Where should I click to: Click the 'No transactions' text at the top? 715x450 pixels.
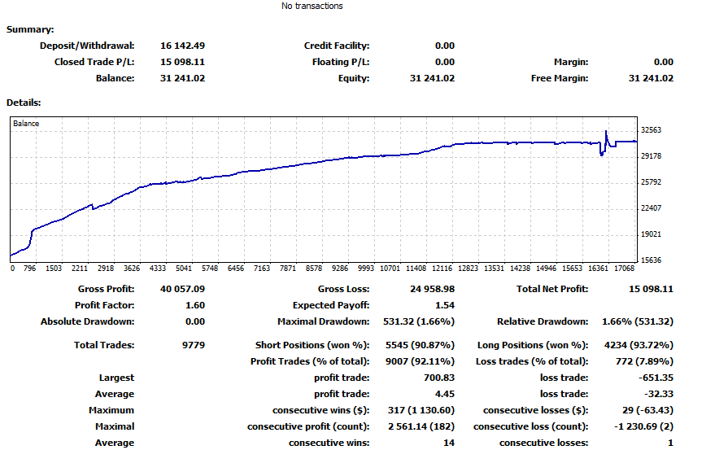pos(312,6)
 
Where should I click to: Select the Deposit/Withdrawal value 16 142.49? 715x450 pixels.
pos(182,46)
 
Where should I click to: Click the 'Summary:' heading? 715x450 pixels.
pos(30,29)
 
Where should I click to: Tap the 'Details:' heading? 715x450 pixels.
pos(24,103)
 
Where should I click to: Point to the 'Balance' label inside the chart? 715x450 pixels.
pos(26,123)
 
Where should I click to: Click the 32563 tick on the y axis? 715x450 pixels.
pos(651,130)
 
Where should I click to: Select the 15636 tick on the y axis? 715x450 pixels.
pos(651,260)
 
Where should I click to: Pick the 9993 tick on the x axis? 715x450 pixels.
pos(366,269)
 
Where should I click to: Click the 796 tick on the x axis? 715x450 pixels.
pos(29,269)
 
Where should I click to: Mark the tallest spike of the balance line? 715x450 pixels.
pos(606,132)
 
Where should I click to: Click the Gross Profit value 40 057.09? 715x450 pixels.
pos(182,289)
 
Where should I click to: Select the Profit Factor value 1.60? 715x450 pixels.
pos(195,305)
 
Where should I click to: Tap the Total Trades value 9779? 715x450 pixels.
pos(194,345)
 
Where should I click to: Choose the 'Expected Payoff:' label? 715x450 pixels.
pos(331,305)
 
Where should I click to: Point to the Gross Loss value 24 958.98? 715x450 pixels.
pos(432,289)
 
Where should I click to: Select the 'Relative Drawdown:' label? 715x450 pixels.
pos(543,321)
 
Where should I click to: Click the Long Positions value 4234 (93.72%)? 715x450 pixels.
pos(639,345)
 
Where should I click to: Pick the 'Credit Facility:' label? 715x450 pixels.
pos(337,46)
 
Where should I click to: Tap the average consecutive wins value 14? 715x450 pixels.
pos(449,443)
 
